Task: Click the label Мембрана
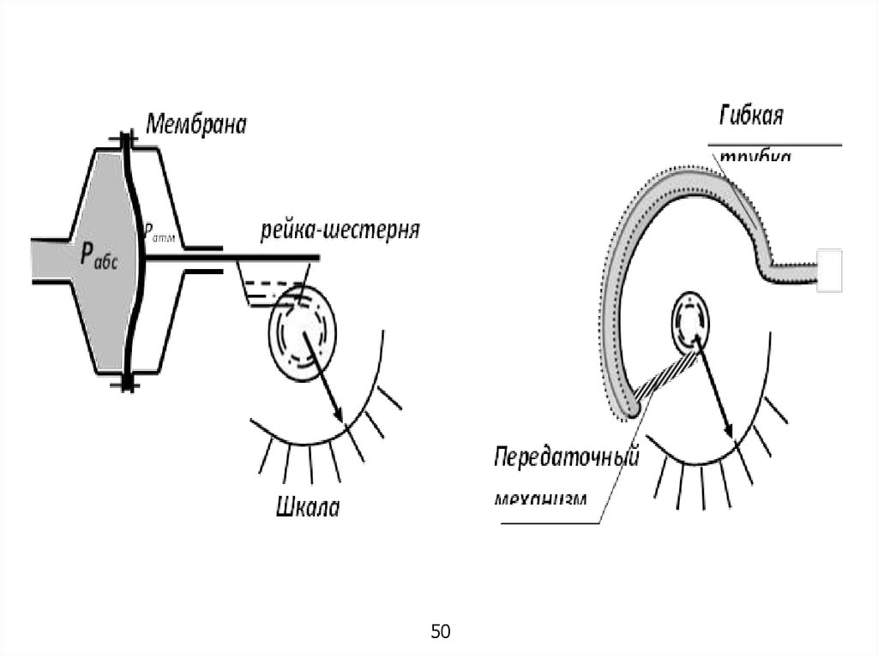click(196, 124)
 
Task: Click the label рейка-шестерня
click(340, 231)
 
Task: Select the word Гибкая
click(751, 116)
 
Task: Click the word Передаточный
click(567, 457)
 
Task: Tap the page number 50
click(440, 632)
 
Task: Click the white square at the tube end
click(829, 271)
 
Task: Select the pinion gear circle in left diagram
click(302, 329)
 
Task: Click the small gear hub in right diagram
click(691, 321)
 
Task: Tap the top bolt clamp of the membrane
click(126, 138)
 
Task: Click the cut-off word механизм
click(542, 497)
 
